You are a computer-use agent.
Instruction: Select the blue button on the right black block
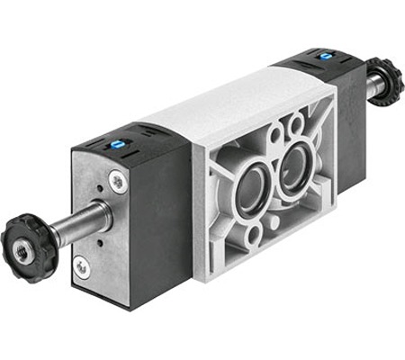click(324, 56)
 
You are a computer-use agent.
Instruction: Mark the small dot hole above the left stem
click(96, 189)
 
